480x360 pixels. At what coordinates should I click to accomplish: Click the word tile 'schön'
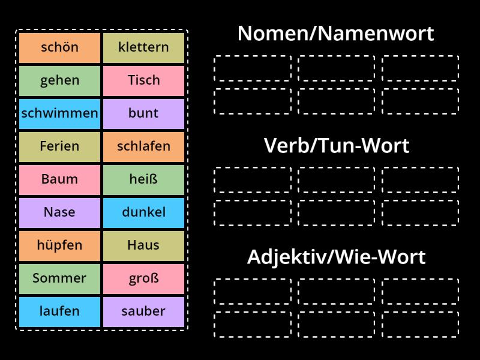(59, 47)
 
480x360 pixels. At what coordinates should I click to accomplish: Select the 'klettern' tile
(143, 47)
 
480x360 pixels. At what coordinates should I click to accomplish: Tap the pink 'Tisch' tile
(143, 80)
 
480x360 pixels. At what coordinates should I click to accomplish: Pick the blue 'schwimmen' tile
(59, 113)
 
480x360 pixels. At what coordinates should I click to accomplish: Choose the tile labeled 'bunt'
(143, 113)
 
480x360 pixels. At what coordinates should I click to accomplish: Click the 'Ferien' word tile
(59, 146)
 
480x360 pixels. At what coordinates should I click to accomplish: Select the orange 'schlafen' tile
(143, 146)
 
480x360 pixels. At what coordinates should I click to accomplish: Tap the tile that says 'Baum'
(59, 179)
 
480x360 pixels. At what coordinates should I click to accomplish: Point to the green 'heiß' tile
(143, 179)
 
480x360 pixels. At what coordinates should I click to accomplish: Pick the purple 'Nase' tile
(59, 212)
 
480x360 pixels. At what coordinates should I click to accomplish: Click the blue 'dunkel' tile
(143, 212)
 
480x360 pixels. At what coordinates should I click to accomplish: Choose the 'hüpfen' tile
(59, 245)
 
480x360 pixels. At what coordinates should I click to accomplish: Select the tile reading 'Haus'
(143, 245)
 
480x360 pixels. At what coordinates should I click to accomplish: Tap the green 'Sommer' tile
(59, 278)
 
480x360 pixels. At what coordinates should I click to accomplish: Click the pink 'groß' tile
(143, 278)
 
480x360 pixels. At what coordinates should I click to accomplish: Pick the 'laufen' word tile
(59, 311)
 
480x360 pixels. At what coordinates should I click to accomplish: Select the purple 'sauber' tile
(143, 311)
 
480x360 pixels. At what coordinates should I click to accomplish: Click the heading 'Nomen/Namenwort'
(335, 34)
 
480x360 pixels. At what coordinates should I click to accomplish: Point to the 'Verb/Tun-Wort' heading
(336, 146)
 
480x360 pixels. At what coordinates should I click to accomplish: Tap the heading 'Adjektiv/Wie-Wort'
(336, 257)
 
